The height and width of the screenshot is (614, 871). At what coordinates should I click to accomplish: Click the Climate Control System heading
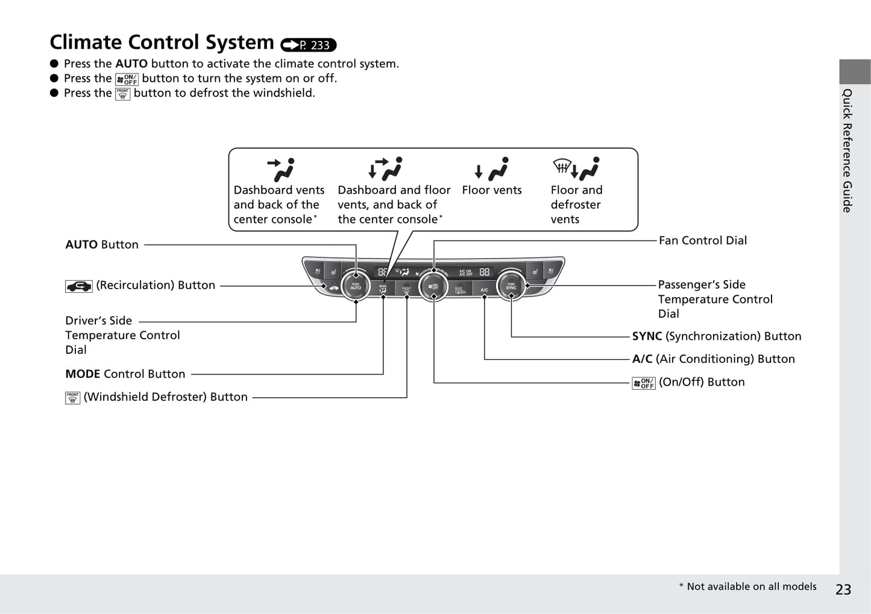[162, 43]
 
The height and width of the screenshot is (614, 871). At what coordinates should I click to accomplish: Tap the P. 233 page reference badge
[309, 45]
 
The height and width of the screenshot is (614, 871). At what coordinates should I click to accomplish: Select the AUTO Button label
[102, 245]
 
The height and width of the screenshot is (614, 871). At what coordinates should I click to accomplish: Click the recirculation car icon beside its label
[79, 286]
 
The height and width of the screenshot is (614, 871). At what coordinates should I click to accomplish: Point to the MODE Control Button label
[125, 374]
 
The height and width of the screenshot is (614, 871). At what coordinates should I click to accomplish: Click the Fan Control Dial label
[702, 240]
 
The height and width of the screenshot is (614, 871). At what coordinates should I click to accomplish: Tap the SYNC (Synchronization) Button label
[716, 336]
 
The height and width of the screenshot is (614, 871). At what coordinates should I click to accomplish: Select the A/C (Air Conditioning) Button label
[713, 359]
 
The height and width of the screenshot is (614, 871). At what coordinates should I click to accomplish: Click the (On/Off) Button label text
[701, 382]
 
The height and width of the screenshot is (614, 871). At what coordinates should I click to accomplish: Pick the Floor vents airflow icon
[492, 169]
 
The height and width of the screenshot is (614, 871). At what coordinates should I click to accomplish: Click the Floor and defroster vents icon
[576, 169]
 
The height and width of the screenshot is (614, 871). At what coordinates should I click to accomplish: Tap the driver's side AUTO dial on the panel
[356, 287]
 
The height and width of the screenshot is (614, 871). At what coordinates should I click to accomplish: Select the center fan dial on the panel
[433, 286]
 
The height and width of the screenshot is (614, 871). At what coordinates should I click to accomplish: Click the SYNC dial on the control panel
[511, 287]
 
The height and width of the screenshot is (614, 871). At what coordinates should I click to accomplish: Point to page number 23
[843, 589]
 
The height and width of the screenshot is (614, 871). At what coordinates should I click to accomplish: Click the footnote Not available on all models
[748, 587]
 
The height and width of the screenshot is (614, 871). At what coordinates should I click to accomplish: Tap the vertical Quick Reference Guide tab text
[847, 151]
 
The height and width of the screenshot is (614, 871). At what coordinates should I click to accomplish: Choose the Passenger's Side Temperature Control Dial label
[715, 299]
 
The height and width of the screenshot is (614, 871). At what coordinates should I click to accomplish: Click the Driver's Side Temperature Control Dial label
[122, 335]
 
